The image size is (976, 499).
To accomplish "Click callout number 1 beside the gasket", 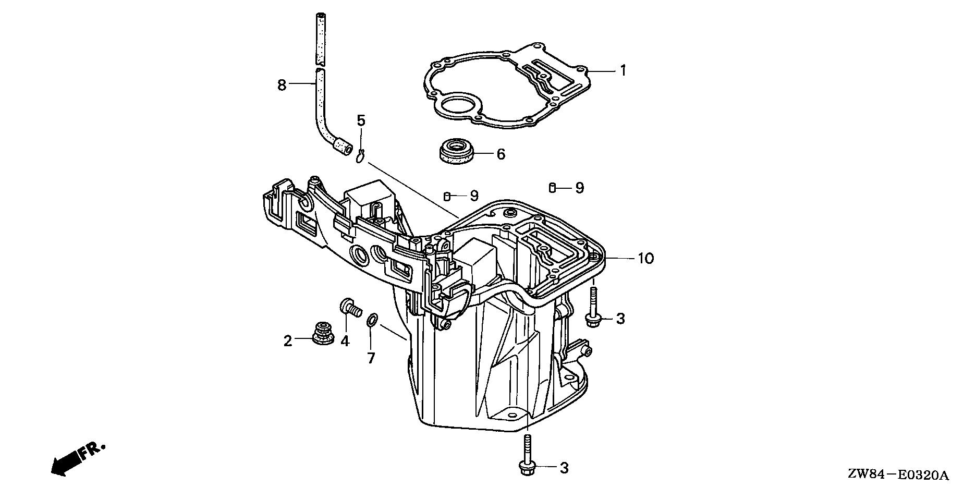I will [623, 70].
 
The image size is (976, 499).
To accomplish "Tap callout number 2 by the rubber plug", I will [288, 341].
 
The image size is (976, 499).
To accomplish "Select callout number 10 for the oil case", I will [645, 258].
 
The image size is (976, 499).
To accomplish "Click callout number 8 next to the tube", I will [282, 84].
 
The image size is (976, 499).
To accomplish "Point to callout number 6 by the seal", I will [501, 154].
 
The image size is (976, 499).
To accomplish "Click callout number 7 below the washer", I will [371, 358].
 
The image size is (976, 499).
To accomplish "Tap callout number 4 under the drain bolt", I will [345, 341].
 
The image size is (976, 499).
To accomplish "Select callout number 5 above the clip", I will [361, 120].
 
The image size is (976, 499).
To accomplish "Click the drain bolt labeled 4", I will [351, 308].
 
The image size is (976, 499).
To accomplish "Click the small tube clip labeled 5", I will [360, 156].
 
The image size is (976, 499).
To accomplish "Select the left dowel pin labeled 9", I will [447, 196].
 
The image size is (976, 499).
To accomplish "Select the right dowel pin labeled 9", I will [553, 187].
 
